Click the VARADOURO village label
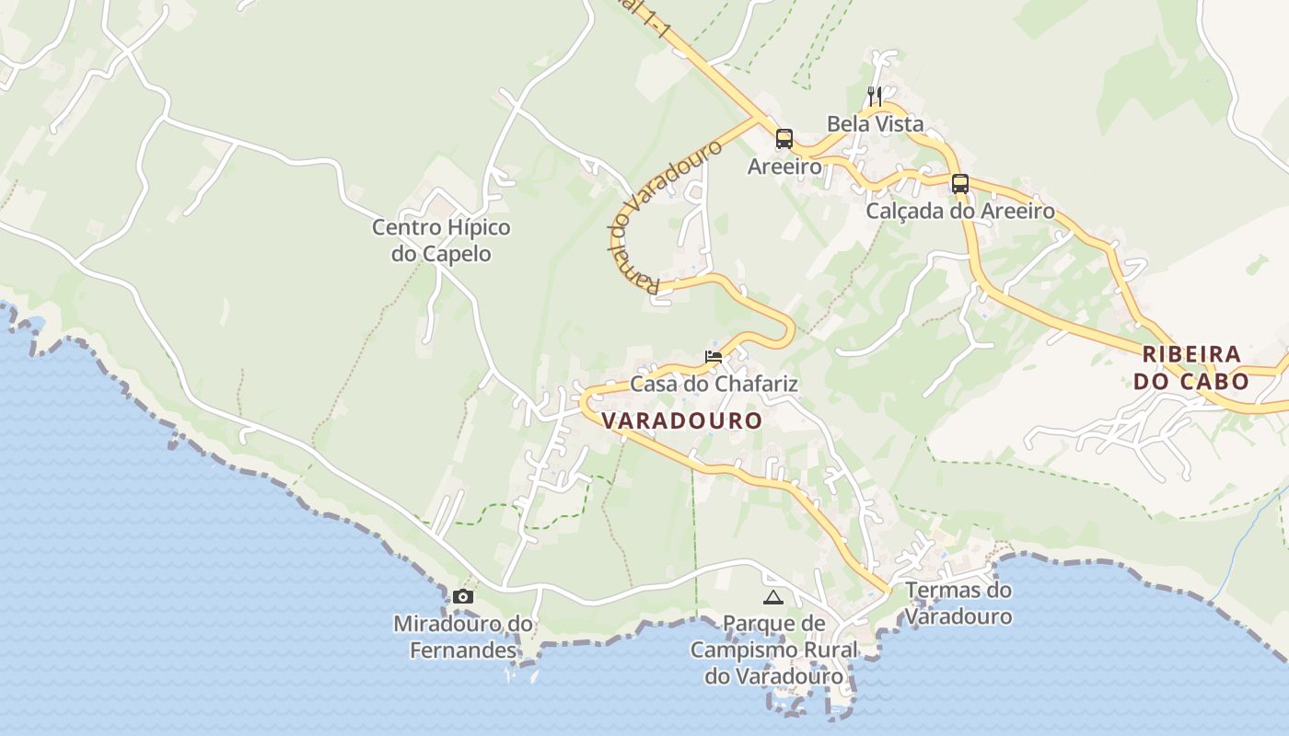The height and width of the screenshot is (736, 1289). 681,420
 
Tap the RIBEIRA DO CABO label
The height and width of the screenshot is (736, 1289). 1191,367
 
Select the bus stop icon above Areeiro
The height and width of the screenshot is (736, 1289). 784,139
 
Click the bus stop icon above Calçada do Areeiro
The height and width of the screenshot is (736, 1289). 960,183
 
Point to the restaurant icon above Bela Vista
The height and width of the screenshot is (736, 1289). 875,95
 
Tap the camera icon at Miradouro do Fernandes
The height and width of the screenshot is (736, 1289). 463,596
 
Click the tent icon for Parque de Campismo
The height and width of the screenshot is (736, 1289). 773,597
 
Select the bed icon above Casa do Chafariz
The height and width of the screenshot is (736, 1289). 714,356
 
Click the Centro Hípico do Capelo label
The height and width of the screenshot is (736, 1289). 441,240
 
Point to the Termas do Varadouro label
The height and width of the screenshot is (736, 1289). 958,603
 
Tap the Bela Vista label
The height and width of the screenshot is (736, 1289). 875,123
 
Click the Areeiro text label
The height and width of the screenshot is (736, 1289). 784,167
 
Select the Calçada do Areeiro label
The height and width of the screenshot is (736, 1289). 960,211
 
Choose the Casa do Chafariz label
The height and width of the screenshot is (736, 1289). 714,384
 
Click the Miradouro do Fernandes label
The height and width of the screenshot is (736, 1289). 463,637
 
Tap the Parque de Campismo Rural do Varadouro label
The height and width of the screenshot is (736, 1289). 773,650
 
